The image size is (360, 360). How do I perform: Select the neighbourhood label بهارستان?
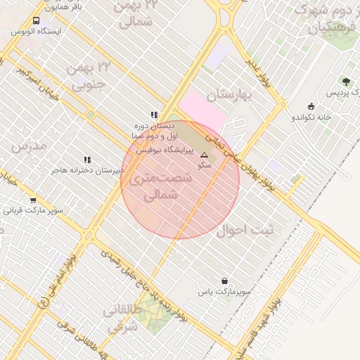(x=229, y=94)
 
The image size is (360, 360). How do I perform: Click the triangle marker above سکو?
(x=205, y=155)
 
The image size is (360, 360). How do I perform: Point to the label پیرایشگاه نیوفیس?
(x=160, y=150)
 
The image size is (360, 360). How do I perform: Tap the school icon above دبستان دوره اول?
(x=153, y=115)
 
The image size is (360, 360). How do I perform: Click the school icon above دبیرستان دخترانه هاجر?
(x=87, y=160)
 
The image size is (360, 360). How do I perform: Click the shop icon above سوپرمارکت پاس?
(x=224, y=281)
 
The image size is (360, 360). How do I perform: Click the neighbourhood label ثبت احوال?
(x=244, y=229)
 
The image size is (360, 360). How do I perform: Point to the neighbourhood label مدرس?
(x=29, y=146)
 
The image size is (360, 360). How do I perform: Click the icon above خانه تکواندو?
(x=311, y=106)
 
